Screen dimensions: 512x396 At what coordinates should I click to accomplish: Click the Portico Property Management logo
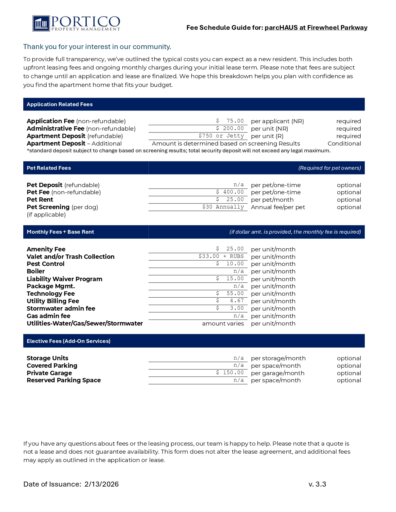point(76,23)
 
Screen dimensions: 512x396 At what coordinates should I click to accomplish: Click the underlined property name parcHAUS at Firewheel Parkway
point(316,28)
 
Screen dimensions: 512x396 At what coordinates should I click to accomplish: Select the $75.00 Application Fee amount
point(230,121)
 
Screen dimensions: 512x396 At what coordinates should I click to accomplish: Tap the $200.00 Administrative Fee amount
point(230,128)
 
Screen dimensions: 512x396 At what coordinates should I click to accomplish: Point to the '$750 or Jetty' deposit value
point(221,136)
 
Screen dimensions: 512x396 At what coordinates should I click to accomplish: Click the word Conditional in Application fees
point(344,144)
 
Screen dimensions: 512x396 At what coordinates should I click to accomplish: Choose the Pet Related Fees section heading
point(49,168)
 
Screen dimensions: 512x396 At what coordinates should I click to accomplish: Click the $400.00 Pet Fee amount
point(230,192)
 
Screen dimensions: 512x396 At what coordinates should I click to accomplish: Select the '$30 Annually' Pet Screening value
point(223,207)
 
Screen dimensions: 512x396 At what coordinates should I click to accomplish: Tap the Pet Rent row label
point(40,200)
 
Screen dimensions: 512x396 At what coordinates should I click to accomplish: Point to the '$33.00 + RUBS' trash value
point(221,256)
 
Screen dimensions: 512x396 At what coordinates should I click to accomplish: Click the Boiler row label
point(36,271)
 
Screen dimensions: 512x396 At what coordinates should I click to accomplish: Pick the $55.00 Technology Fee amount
point(230,294)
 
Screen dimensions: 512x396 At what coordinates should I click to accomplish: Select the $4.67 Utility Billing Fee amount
point(230,301)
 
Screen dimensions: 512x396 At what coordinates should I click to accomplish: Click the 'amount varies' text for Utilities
point(223,324)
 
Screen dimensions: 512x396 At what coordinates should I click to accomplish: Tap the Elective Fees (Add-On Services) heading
point(69,341)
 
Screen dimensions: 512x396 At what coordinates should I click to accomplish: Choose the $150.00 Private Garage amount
point(230,373)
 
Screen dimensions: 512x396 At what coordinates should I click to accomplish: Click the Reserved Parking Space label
point(64,380)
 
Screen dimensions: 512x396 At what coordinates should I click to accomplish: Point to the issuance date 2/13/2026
point(102,484)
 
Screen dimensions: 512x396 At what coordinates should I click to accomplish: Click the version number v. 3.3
point(317,484)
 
